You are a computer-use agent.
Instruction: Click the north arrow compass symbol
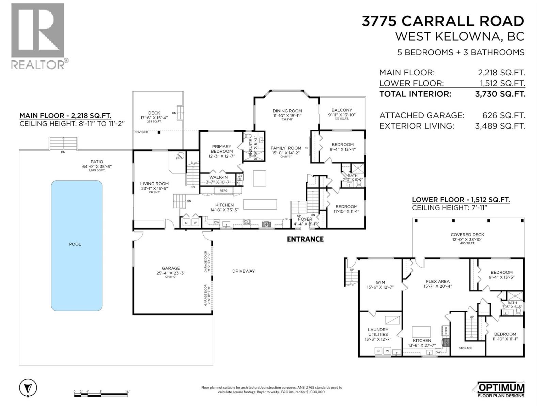pos(28,388)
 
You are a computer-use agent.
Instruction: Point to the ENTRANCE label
pos(305,239)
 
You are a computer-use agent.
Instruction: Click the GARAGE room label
pos(171,268)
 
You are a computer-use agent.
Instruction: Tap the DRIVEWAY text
pos(243,271)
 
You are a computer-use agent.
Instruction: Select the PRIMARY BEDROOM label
pos(221,149)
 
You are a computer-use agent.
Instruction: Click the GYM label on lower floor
pos(380,282)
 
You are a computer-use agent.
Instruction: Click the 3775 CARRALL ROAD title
pos(442,21)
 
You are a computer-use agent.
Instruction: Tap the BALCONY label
pos(342,110)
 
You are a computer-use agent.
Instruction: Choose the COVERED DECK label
pos(467,234)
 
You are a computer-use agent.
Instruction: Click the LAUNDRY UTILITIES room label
pos(378,332)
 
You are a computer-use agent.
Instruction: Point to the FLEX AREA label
pos(438,281)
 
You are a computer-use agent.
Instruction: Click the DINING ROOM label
pos(287,111)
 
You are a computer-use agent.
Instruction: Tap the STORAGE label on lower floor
pos(465,348)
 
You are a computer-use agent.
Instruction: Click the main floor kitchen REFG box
pos(223,191)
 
